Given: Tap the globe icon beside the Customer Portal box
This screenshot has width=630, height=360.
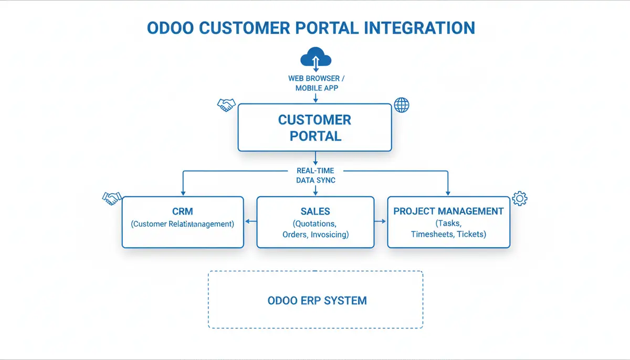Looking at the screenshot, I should pos(402,105).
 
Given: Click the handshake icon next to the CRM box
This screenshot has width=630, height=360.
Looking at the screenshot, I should pos(111,198).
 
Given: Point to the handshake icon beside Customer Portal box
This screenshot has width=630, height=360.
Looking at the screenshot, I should pos(226,104).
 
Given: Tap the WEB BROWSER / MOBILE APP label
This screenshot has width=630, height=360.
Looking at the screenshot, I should pos(315,83).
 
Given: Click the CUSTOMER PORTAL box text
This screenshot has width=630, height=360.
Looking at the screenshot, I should pos(314,128).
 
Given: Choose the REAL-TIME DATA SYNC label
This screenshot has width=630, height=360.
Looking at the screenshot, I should pos(315,175).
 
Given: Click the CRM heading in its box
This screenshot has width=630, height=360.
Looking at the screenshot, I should pos(183,211).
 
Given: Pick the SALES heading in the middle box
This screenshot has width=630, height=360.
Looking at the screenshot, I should pos(315,211).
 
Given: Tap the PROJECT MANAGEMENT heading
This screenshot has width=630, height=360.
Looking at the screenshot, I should pos(448,211).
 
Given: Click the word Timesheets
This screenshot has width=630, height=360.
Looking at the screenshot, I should pos(432,234).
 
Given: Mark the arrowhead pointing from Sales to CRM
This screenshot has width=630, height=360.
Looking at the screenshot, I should pos(248,221).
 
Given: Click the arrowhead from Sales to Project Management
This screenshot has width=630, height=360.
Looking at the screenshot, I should pos(383,221).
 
